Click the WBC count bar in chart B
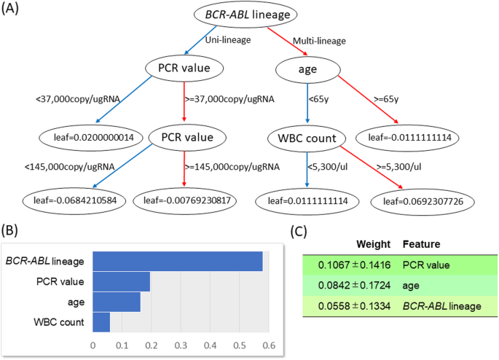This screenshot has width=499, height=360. [x=101, y=321]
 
